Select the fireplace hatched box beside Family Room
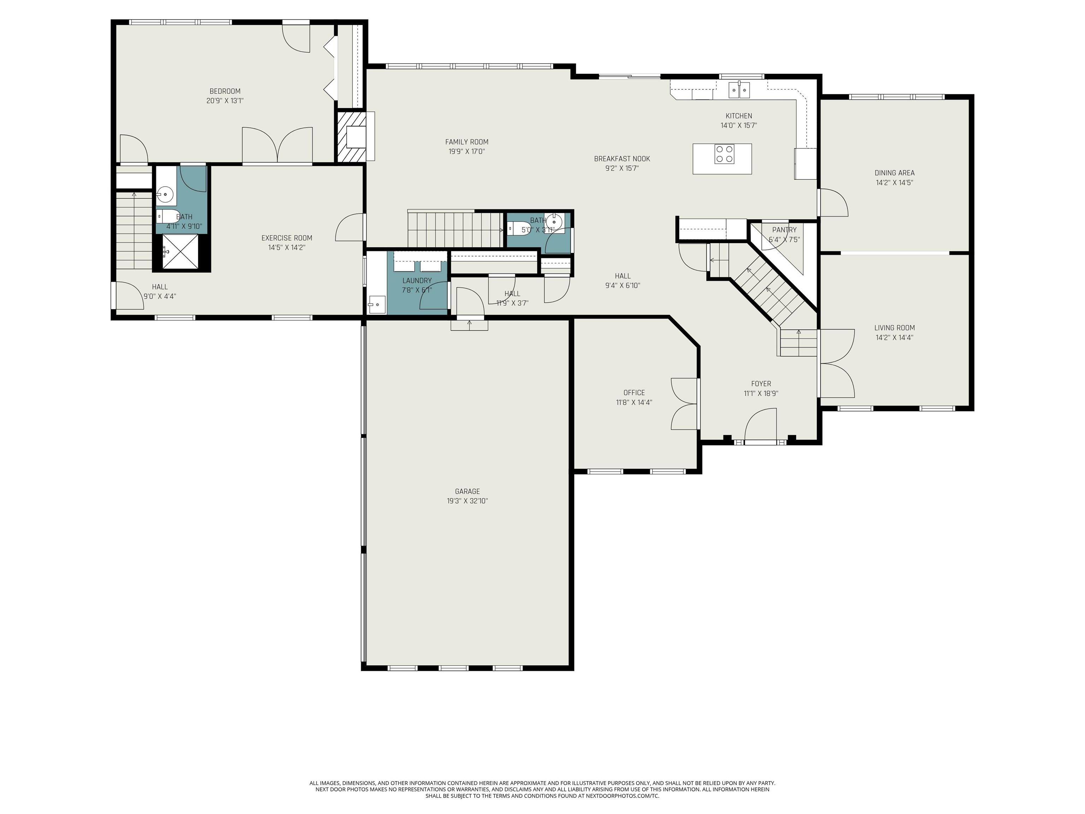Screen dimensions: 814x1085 [x=351, y=137]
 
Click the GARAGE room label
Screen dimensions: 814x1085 [x=467, y=491]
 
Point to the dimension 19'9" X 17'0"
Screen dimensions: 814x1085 [x=467, y=152]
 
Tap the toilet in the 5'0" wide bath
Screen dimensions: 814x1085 [x=518, y=228]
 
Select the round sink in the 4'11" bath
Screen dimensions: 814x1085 [x=165, y=195]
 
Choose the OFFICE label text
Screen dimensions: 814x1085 [x=634, y=393]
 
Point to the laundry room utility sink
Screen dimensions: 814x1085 [x=377, y=305]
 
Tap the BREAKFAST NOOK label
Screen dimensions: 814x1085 [x=622, y=159]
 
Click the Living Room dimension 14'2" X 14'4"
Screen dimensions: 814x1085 [x=894, y=337]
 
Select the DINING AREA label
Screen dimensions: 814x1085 [x=894, y=173]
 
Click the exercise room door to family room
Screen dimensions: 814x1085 [x=349, y=227]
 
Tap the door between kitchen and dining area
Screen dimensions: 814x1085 [x=832, y=202]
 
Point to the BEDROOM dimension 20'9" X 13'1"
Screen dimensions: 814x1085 [x=225, y=101]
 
